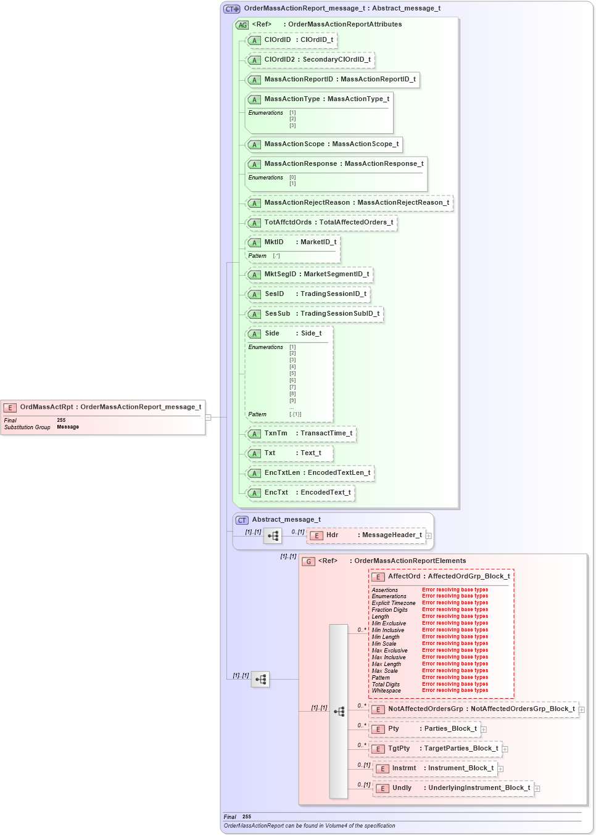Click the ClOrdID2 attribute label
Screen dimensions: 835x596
[279, 60]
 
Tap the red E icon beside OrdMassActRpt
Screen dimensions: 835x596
[10, 408]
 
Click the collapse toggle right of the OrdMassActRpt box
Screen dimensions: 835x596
[209, 417]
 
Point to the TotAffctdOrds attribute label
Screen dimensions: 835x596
[288, 223]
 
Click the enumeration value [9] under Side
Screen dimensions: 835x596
[292, 401]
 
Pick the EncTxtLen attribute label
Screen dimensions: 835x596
[282, 473]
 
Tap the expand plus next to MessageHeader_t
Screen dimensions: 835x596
[429, 536]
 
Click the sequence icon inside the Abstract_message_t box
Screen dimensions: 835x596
[273, 536]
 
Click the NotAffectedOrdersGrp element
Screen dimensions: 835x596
[474, 709]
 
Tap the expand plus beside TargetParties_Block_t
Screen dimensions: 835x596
[505, 749]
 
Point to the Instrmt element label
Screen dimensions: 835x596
[404, 768]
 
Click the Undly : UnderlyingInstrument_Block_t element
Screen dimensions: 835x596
[453, 788]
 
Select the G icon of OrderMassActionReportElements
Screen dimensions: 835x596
[308, 561]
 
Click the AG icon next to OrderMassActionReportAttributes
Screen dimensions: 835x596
[242, 25]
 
